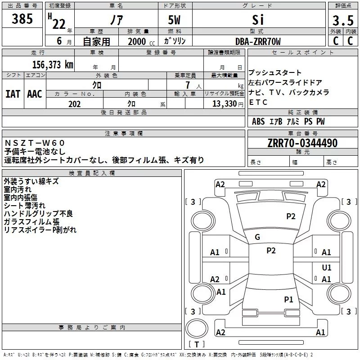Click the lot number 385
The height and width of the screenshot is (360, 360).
(22, 18)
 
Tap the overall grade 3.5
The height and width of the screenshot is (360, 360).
(343, 20)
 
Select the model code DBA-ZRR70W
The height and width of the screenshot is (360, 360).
(258, 41)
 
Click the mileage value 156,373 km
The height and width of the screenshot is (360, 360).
(53, 65)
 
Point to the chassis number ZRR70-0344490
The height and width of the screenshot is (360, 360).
(302, 143)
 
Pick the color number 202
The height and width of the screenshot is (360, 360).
(75, 104)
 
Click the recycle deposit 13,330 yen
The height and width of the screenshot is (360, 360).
(228, 104)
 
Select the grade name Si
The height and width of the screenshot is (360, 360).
(258, 20)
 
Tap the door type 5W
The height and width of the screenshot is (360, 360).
(174, 20)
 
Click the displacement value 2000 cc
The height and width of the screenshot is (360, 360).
(141, 42)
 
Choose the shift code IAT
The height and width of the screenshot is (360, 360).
(13, 94)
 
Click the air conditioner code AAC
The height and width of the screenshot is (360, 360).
(35, 94)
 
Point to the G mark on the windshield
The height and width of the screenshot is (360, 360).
(257, 237)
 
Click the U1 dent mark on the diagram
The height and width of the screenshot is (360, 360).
(327, 267)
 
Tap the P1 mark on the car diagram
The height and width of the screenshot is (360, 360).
(288, 299)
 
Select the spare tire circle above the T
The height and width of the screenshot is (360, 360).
(197, 328)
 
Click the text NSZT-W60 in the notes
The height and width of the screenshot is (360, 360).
(35, 143)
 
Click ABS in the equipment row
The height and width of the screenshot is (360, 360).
(258, 121)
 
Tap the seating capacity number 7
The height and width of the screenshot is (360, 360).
(188, 85)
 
